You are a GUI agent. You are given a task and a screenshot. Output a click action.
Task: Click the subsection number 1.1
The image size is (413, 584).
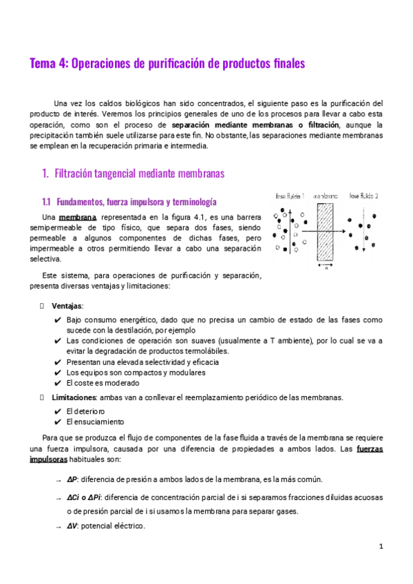pyautogui.click(x=47, y=202)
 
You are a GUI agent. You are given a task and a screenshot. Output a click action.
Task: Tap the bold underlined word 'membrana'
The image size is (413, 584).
pyautogui.click(x=78, y=218)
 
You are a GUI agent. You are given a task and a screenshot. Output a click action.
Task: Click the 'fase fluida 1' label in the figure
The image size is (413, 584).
pyautogui.click(x=290, y=196)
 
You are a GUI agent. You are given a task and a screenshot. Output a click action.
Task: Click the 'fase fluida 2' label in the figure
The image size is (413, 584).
pyautogui.click(x=364, y=196)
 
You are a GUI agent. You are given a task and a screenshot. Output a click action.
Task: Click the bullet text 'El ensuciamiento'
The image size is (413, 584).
pyautogui.click(x=96, y=421)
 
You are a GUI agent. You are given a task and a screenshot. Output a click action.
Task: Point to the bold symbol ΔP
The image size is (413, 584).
pyautogui.click(x=72, y=479)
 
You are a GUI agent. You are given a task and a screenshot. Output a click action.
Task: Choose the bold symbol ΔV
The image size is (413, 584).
pyautogui.click(x=72, y=526)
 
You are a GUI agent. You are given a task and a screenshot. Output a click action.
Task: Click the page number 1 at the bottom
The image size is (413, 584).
pyautogui.click(x=381, y=546)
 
